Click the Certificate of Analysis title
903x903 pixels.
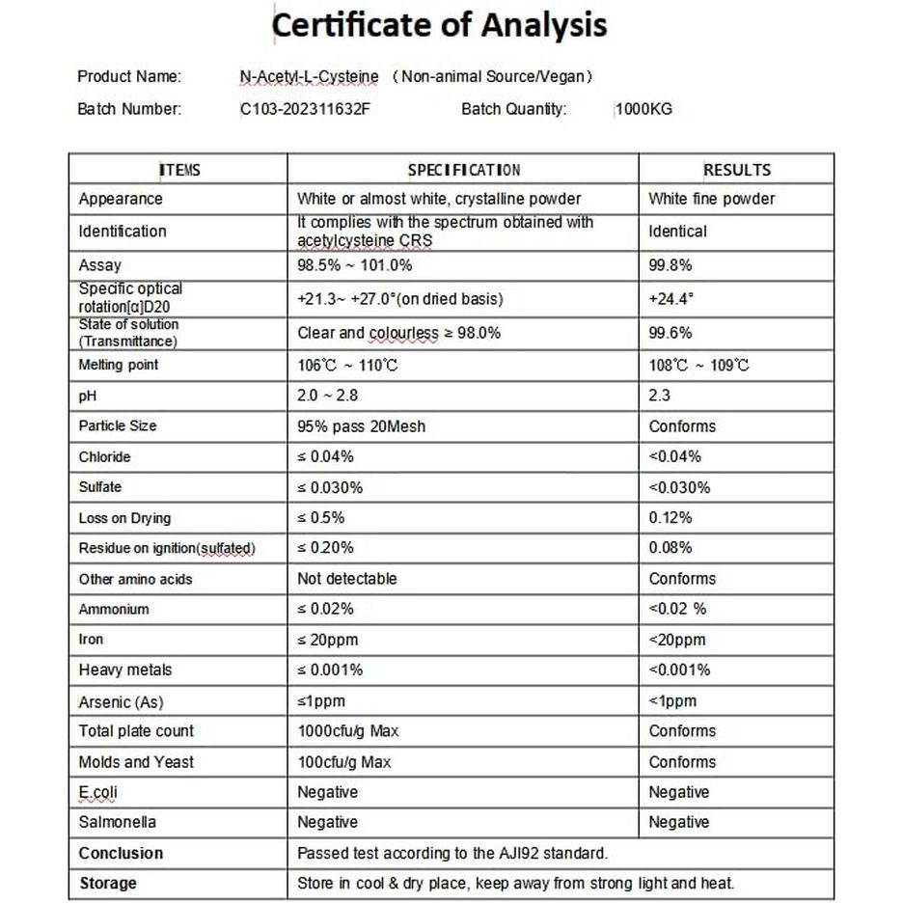tap(440, 27)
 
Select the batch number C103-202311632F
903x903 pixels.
tap(305, 109)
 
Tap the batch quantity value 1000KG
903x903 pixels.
tap(643, 109)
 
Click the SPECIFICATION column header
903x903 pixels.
tap(463, 171)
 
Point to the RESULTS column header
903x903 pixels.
tap(736, 171)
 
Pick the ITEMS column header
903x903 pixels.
tap(179, 171)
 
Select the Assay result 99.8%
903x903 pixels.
tap(670, 265)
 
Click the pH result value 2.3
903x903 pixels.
tap(660, 396)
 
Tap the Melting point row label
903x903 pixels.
tap(119, 366)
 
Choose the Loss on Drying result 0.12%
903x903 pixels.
tap(670, 518)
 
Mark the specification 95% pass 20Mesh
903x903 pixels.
tap(361, 426)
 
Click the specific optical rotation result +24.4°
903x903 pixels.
tap(671, 299)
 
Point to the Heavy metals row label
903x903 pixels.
tap(125, 670)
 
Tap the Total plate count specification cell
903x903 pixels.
tap(347, 731)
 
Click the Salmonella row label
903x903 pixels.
tap(118, 823)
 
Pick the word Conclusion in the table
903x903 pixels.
tap(122, 854)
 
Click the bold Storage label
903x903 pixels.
tap(108, 884)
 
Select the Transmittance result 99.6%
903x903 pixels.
tap(670, 333)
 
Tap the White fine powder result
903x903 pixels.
tap(712, 199)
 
